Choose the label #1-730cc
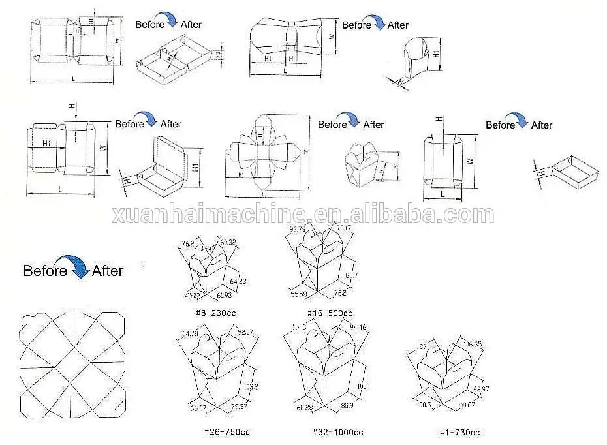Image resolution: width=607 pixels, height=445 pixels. pyautogui.click(x=459, y=432)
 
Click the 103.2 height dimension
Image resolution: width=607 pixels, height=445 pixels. pyautogui.click(x=251, y=386)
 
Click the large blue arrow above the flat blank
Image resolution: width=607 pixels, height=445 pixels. pyautogui.click(x=79, y=267)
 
